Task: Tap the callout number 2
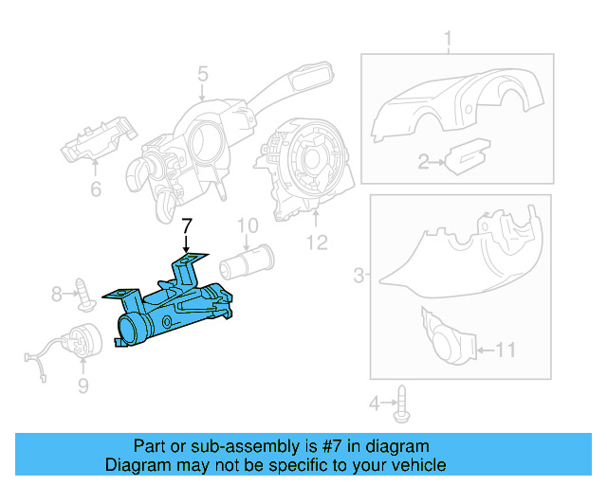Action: tap(424, 163)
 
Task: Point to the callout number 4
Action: tap(375, 404)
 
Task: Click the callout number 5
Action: tap(202, 74)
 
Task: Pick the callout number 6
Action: tap(95, 189)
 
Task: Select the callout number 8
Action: tap(57, 294)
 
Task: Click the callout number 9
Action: tap(83, 385)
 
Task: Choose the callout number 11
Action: tap(505, 350)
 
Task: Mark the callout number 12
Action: tap(316, 243)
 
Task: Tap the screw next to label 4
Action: tap(404, 403)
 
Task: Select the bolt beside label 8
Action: tap(85, 294)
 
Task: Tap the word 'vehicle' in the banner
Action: tap(417, 465)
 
